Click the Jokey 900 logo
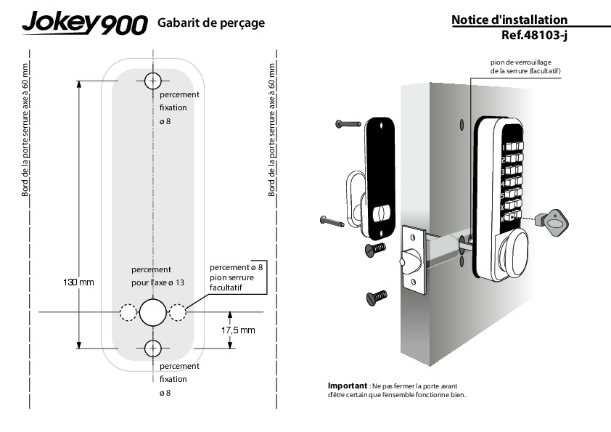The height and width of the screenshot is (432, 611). (84, 24)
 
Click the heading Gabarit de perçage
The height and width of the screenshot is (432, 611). (210, 23)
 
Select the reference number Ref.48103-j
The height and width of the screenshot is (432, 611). (534, 34)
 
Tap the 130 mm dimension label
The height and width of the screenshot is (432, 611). (79, 281)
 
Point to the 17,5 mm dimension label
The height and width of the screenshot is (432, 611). (238, 330)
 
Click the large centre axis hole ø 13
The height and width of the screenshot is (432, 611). (152, 312)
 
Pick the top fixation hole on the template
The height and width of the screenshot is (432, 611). (152, 80)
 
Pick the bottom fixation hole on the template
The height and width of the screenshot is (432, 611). (152, 349)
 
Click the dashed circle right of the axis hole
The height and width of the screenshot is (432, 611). (177, 312)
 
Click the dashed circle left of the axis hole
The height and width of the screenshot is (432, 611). (127, 312)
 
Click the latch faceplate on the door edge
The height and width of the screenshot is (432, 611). (413, 259)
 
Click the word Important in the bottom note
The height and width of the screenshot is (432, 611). (348, 386)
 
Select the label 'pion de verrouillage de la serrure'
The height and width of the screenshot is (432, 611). (525, 68)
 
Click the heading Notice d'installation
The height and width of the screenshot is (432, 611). (509, 20)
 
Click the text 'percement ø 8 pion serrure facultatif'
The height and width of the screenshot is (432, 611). (236, 277)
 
